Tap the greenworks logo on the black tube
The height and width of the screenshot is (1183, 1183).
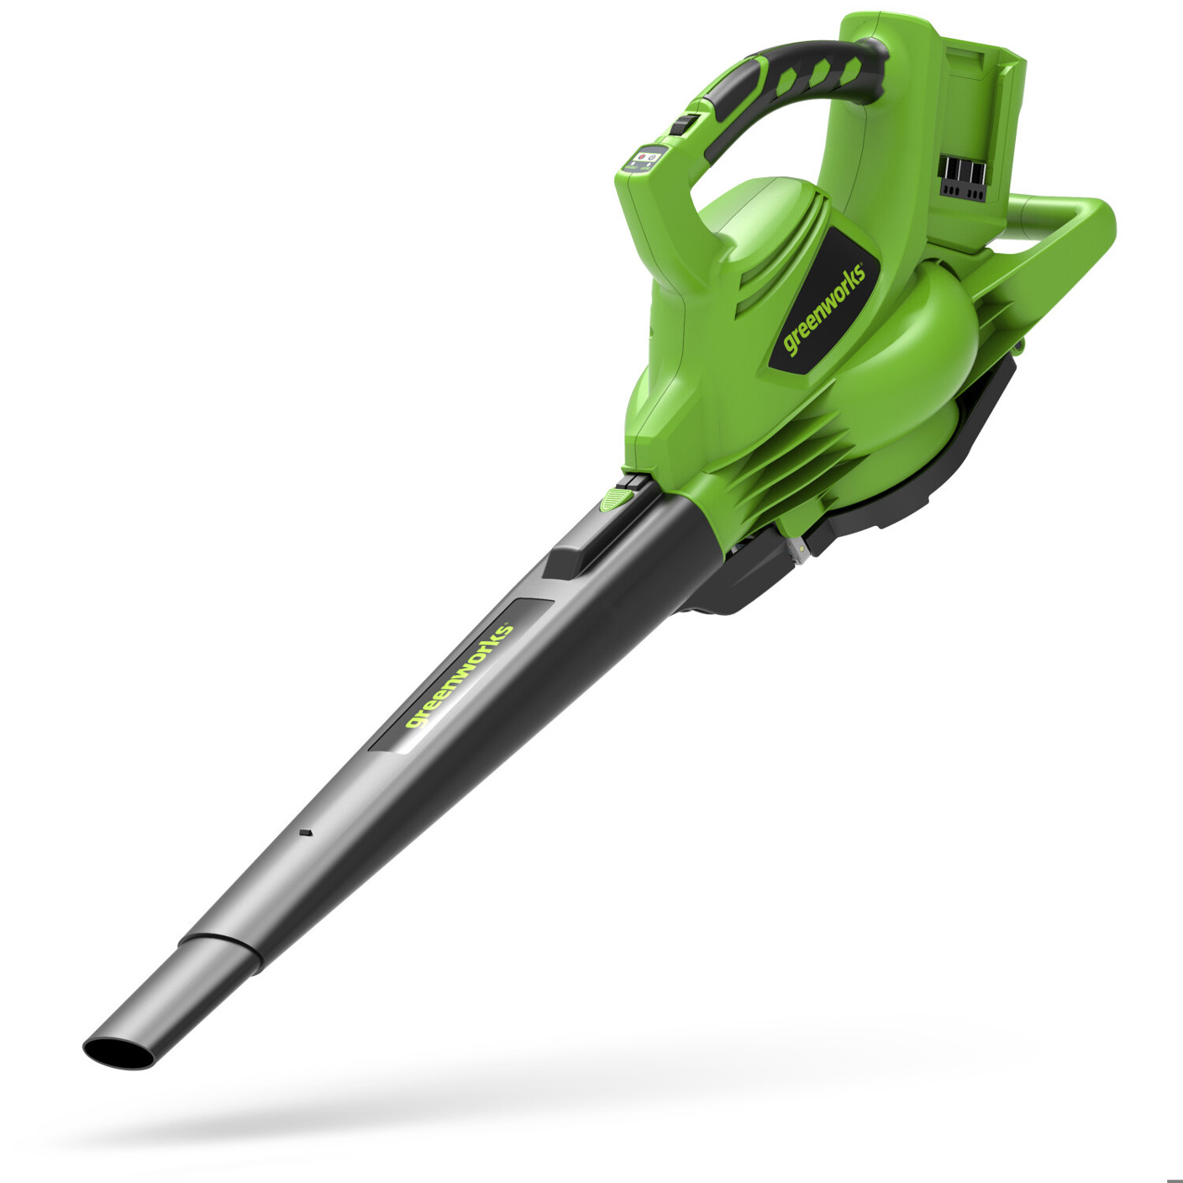click(459, 676)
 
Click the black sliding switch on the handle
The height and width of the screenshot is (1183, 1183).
click(681, 124)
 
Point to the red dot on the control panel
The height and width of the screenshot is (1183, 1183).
click(642, 156)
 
